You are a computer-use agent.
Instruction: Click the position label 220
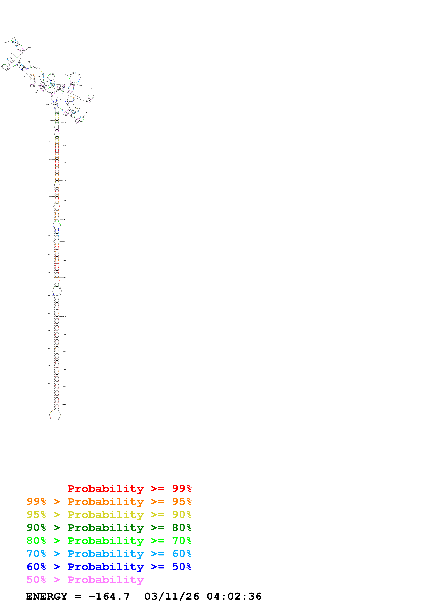(5, 43)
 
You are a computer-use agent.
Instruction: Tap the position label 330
(91, 88)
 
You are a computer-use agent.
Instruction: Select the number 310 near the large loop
(64, 74)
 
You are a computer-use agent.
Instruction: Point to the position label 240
(29, 61)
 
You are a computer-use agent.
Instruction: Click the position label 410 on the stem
(65, 123)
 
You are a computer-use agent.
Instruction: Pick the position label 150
(49, 142)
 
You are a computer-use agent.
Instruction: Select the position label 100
(49, 235)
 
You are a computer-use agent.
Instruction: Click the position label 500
(64, 299)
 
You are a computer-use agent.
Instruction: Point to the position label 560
(64, 404)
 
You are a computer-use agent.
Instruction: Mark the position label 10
(49, 401)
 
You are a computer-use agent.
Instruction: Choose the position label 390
(87, 113)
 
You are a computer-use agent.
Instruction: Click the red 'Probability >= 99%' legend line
(129, 488)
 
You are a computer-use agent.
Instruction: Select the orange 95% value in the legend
(182, 501)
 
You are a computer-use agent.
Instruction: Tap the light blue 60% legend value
(182, 554)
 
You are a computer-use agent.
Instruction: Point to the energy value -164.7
(109, 596)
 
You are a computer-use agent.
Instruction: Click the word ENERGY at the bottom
(47, 596)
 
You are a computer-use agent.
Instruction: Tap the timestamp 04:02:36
(234, 596)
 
